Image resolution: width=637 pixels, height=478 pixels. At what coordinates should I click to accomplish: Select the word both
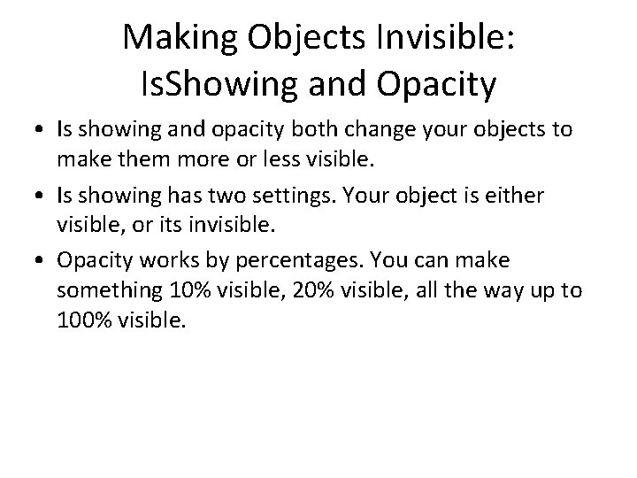coord(285,130)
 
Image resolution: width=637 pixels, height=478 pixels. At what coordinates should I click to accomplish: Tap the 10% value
coord(174,289)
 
